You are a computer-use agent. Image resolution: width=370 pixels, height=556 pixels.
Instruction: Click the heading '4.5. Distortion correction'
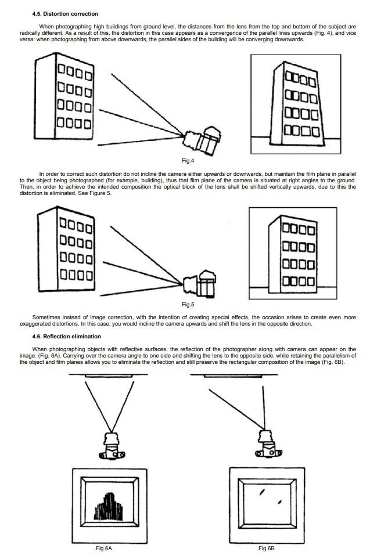pyautogui.click(x=64, y=13)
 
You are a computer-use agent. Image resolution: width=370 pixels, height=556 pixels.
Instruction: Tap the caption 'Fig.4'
pyautogui.click(x=188, y=160)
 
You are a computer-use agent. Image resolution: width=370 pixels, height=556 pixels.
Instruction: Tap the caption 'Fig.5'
pyautogui.click(x=188, y=304)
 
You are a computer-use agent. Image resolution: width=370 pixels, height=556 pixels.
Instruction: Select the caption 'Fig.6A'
pyautogui.click(x=104, y=548)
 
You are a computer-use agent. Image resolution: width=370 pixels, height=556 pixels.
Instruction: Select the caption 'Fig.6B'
pyautogui.click(x=267, y=548)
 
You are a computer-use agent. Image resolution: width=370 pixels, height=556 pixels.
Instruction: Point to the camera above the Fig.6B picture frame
pyautogui.click(x=267, y=444)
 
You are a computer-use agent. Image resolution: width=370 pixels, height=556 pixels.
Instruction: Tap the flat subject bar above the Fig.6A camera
pyautogui.click(x=111, y=375)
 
